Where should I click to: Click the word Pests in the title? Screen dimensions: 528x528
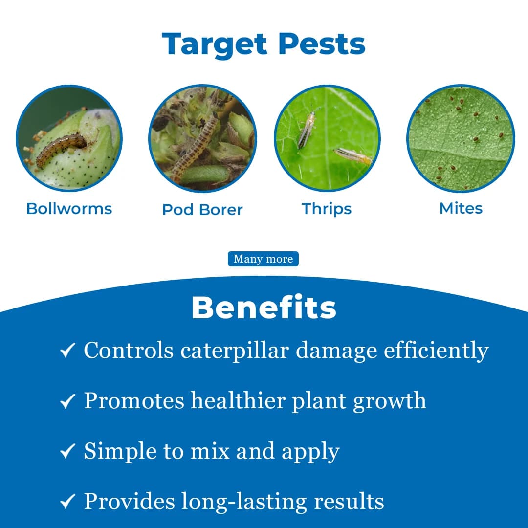(x=322, y=44)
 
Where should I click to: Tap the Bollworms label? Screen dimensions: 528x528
(x=69, y=209)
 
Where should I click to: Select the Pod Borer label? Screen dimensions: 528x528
(x=202, y=210)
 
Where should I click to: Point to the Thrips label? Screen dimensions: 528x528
(x=327, y=209)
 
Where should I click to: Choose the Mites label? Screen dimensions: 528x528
(x=461, y=208)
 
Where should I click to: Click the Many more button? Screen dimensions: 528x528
(x=263, y=259)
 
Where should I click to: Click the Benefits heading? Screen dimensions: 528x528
(x=264, y=308)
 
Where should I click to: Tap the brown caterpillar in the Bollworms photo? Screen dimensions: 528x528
(x=61, y=149)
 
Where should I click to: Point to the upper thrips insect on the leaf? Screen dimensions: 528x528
(x=306, y=130)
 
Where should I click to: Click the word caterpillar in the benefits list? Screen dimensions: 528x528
(x=235, y=351)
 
